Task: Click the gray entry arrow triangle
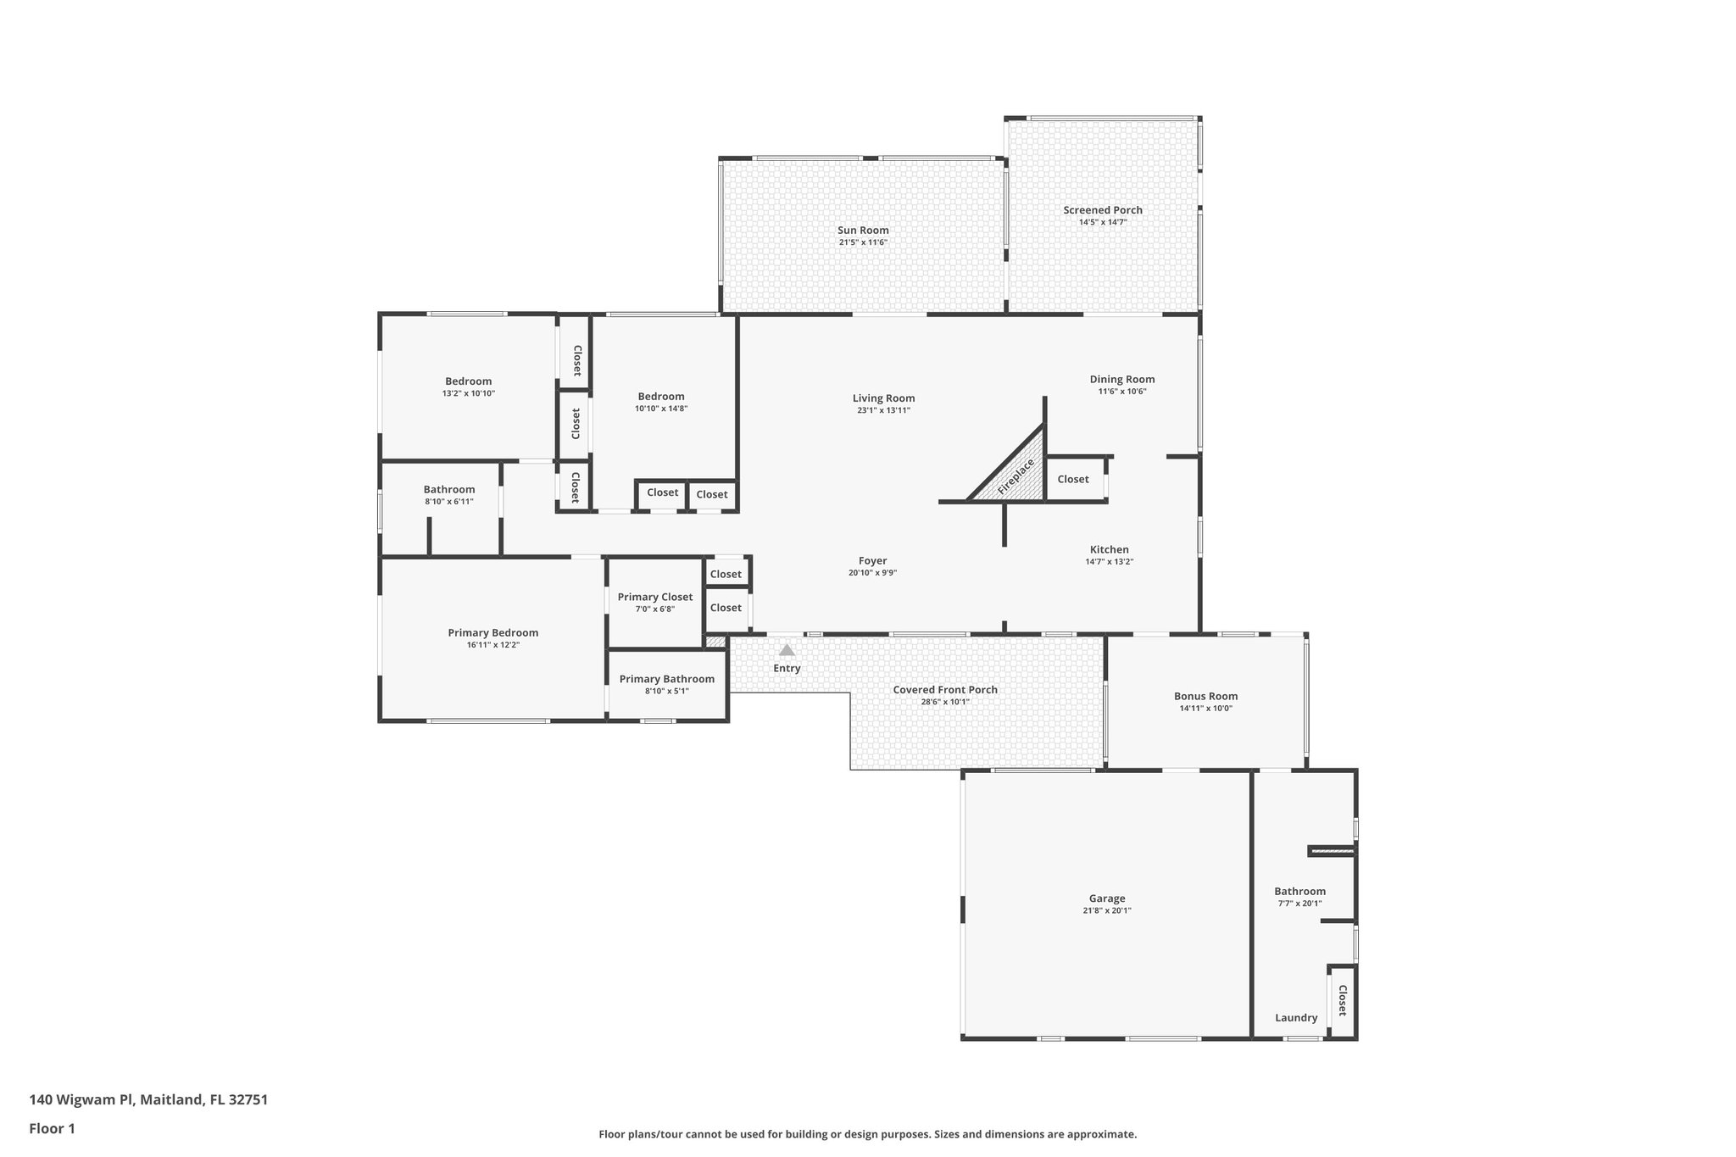point(787,650)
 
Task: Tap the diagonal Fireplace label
point(1015,477)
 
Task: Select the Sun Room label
point(863,230)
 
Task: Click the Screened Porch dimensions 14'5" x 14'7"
point(1103,222)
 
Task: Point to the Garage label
point(1107,898)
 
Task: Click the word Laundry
point(1296,1018)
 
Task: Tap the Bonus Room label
point(1205,696)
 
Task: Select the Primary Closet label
point(654,597)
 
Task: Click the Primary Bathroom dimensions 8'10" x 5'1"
point(666,691)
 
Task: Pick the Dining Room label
point(1122,379)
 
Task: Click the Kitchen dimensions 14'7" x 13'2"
point(1109,561)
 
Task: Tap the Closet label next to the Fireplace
point(1072,479)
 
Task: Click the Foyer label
point(872,560)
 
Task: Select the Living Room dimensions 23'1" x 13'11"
point(883,410)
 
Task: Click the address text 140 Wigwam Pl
point(82,1099)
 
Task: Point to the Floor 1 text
point(52,1128)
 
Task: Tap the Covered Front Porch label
point(944,689)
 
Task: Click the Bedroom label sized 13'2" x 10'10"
point(468,381)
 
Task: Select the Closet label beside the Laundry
point(1342,1000)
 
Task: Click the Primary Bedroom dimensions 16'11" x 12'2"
point(492,645)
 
